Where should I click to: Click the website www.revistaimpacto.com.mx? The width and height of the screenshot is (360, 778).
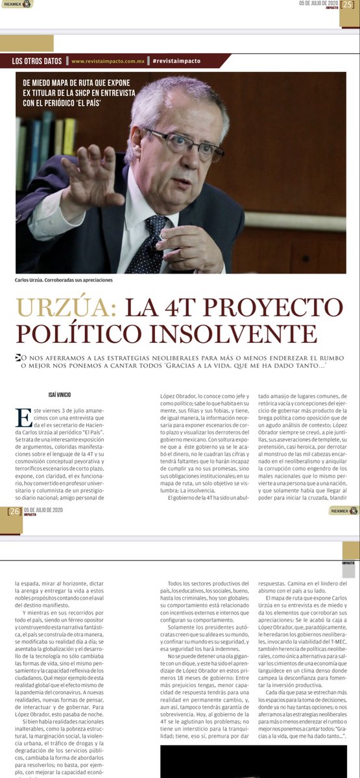[x=107, y=61]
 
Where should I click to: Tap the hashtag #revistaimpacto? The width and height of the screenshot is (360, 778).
[x=177, y=61]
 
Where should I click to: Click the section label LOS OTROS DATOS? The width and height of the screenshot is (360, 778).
[x=37, y=61]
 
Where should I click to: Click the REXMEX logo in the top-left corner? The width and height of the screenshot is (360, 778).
[x=16, y=4]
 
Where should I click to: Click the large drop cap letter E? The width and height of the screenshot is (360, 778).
[x=22, y=418]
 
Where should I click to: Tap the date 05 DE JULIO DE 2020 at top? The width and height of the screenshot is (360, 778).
[x=317, y=3]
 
